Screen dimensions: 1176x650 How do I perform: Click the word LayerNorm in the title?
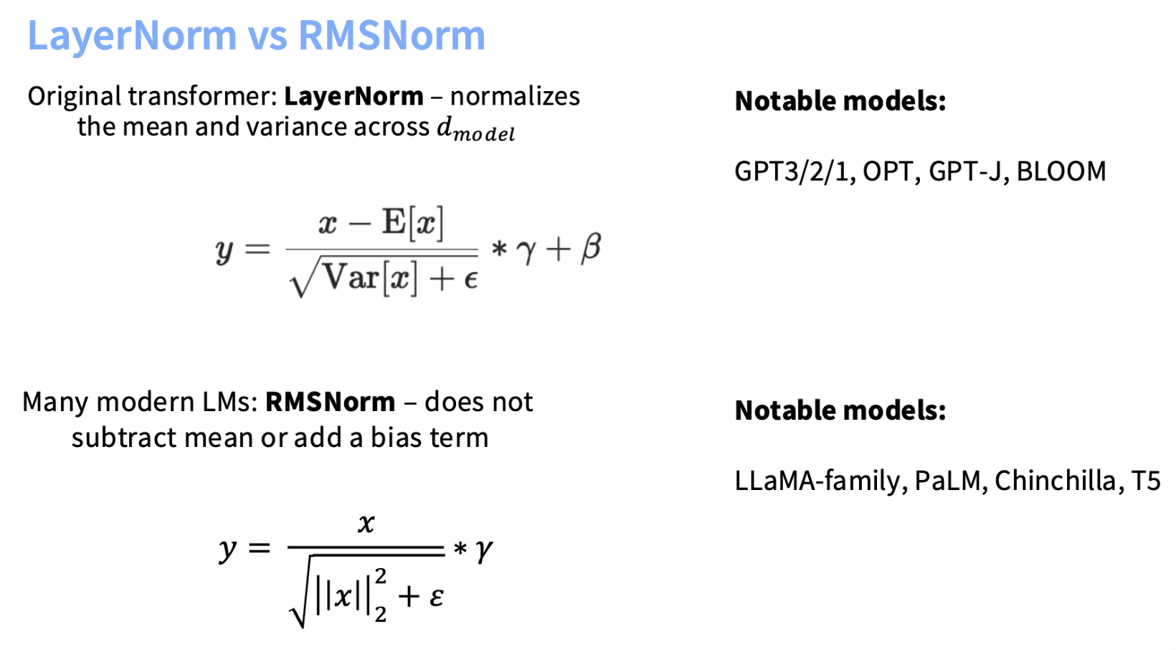(x=132, y=36)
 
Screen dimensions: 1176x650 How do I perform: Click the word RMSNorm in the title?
(x=392, y=36)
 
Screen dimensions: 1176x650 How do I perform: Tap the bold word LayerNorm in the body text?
(x=354, y=97)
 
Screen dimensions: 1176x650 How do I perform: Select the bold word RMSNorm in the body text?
(x=331, y=402)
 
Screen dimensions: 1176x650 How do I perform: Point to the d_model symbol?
(x=475, y=129)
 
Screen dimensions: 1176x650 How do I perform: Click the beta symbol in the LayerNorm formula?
(x=591, y=248)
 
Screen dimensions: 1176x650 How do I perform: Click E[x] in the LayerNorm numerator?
(x=413, y=223)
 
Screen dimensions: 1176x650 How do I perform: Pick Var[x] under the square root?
(x=370, y=278)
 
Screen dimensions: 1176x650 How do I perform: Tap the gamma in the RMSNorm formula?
(x=483, y=551)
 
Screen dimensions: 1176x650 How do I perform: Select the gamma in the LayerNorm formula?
(x=526, y=251)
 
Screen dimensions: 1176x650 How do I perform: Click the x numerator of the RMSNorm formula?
(x=366, y=523)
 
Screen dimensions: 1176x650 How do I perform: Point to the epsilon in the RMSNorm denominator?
(x=436, y=597)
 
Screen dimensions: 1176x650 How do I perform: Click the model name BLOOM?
(x=1061, y=171)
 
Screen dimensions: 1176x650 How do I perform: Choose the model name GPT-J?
(x=965, y=171)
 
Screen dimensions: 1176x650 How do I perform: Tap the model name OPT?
(x=887, y=171)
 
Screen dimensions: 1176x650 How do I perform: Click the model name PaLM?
(x=948, y=481)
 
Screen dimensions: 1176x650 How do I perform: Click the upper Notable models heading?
(x=840, y=101)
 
